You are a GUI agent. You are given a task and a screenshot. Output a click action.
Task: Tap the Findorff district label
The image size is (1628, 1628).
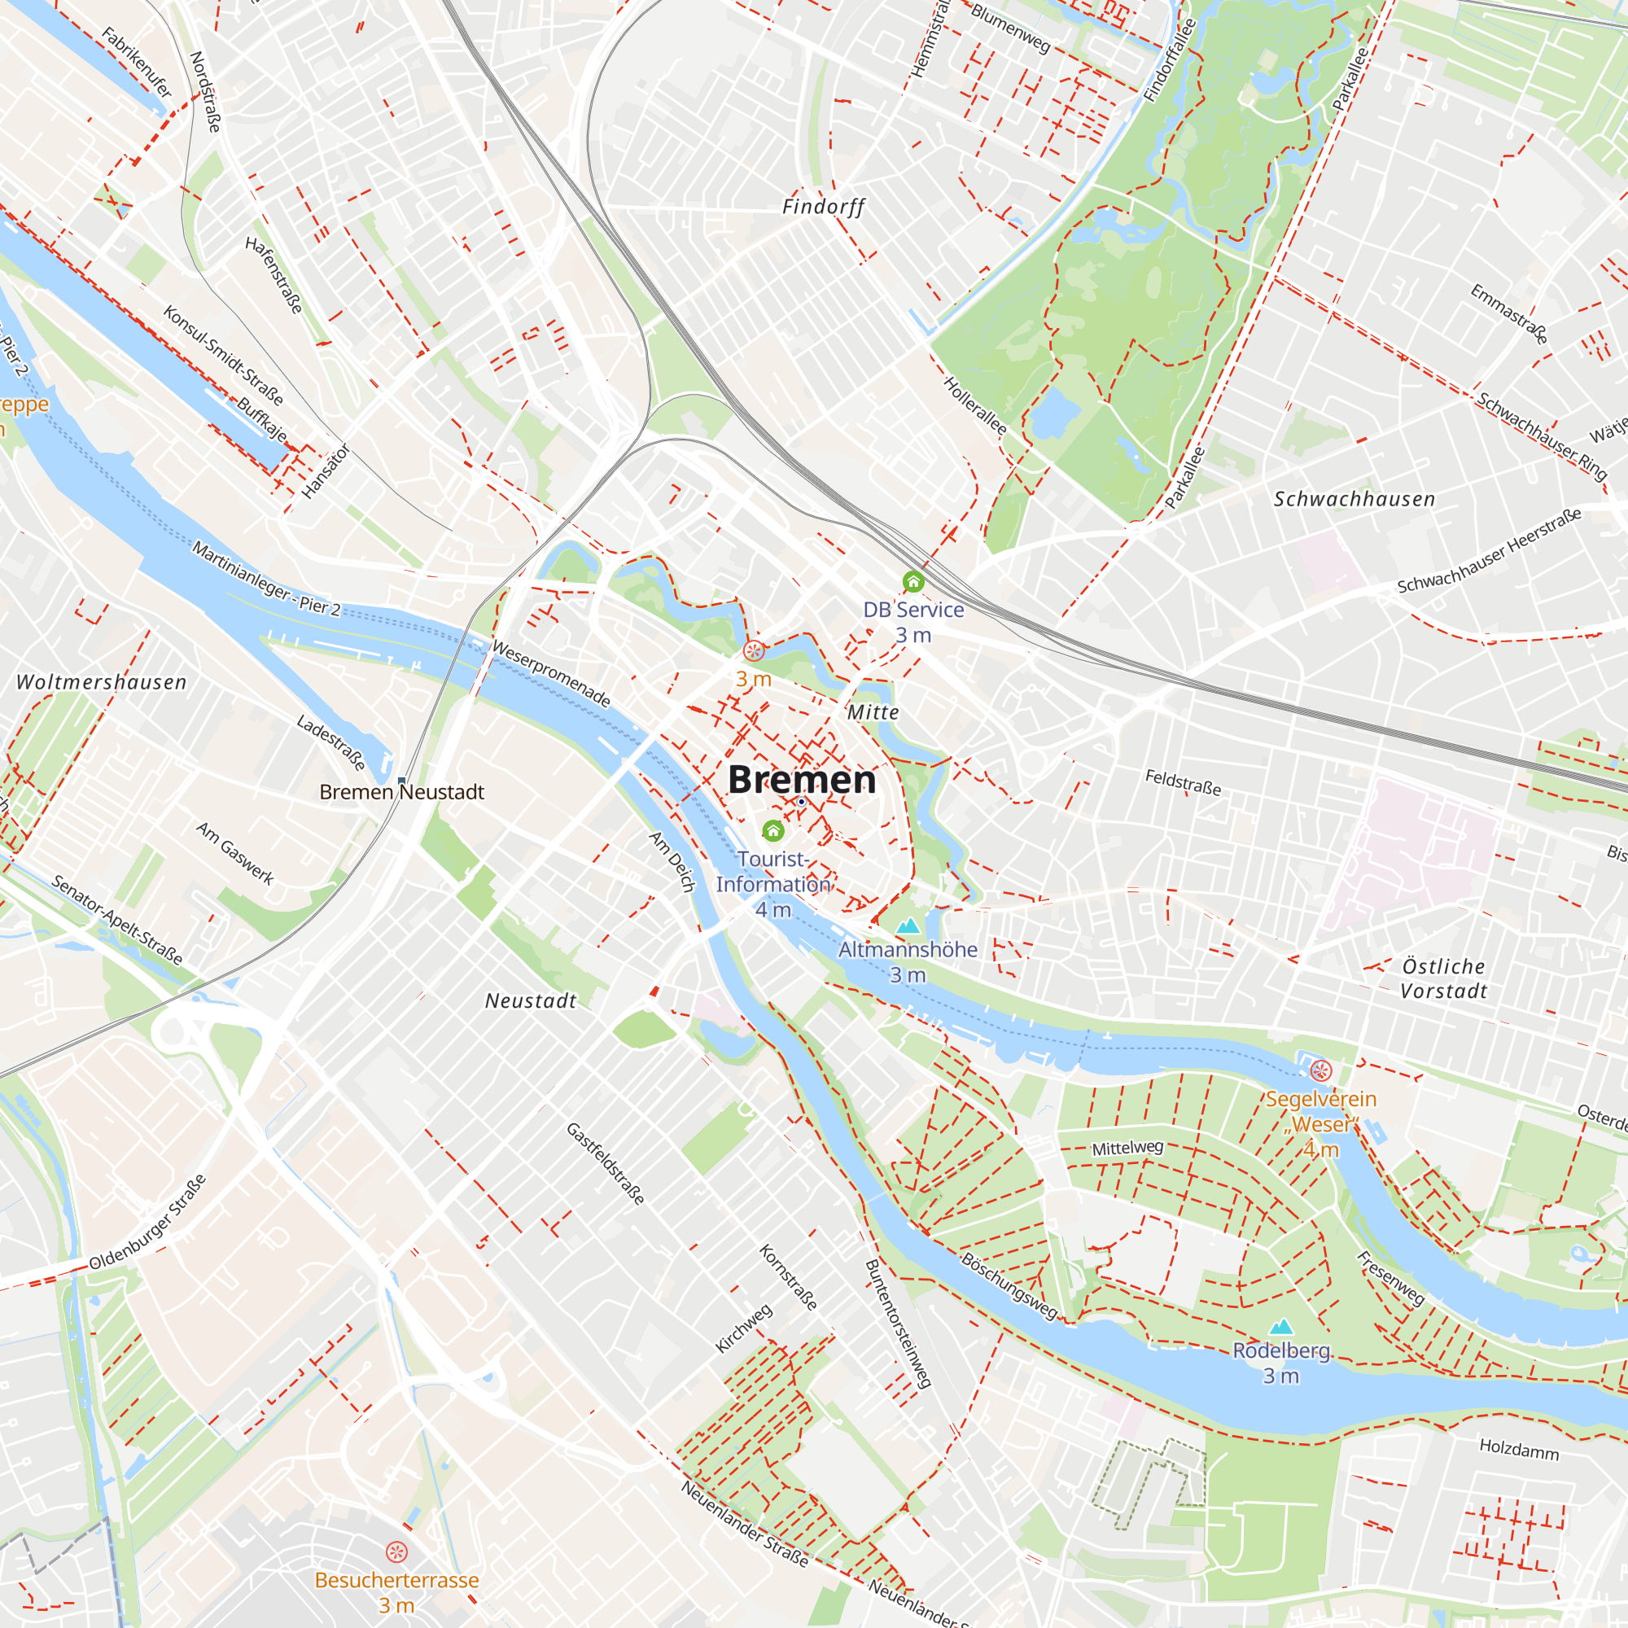click(823, 207)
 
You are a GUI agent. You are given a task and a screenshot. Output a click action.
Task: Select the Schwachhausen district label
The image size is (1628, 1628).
click(1354, 499)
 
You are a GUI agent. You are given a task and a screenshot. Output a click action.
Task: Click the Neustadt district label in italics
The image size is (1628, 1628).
click(531, 1001)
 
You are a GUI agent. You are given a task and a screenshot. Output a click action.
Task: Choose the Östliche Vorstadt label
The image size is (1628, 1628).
click(1443, 978)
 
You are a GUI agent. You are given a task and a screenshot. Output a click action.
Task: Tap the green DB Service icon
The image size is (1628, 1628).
click(913, 581)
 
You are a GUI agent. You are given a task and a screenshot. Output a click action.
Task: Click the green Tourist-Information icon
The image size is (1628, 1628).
click(772, 831)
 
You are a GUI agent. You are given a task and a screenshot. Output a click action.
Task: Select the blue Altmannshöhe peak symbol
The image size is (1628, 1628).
click(908, 926)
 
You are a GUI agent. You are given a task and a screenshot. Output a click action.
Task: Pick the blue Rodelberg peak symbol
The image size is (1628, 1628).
click(1280, 1327)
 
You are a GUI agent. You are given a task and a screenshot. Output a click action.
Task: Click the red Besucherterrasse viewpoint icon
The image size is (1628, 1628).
click(396, 1552)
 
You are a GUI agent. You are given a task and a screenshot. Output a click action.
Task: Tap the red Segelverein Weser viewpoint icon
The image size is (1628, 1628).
click(1320, 1071)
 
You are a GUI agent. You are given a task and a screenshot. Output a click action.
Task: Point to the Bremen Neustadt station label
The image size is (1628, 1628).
click(402, 792)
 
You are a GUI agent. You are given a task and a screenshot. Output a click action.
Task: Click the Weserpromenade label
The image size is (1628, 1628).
click(551, 673)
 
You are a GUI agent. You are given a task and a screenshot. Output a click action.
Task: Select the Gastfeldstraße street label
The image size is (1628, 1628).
click(606, 1164)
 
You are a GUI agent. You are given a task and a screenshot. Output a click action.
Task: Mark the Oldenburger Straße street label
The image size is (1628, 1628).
click(147, 1223)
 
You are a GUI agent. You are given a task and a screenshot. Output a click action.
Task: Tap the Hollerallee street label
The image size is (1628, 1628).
click(975, 405)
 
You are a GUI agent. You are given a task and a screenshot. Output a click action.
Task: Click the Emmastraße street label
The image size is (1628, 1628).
click(1509, 313)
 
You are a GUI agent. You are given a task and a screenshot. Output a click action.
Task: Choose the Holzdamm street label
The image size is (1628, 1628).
click(1519, 1450)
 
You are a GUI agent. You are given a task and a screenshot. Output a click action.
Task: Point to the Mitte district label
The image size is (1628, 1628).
click(873, 712)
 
